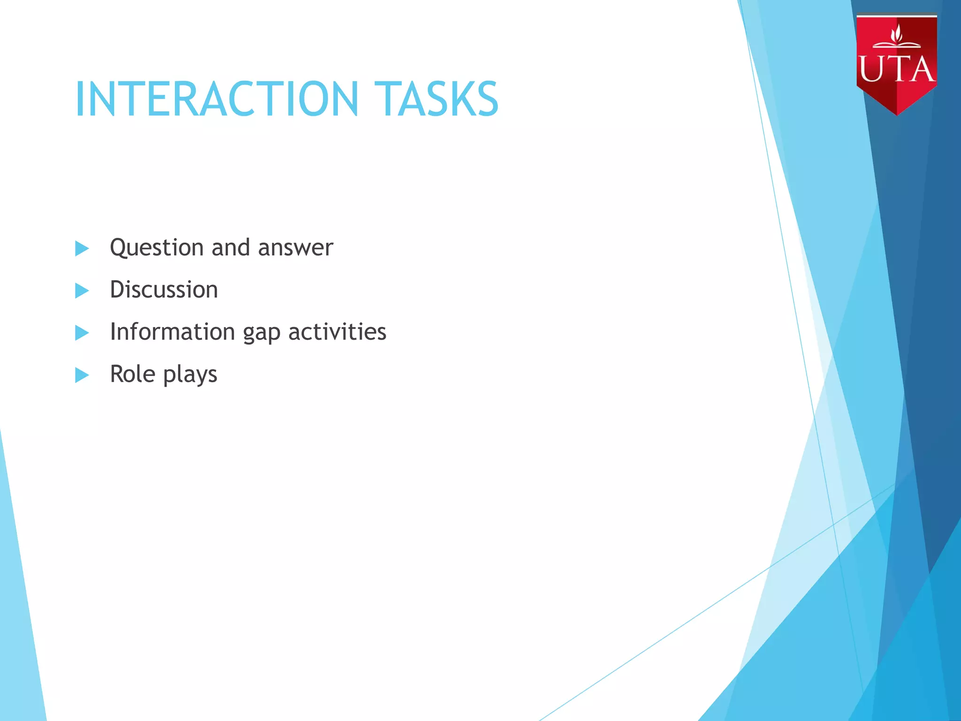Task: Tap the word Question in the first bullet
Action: pyautogui.click(x=157, y=248)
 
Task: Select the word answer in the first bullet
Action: pyautogui.click(x=296, y=248)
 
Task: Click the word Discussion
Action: pyautogui.click(x=164, y=290)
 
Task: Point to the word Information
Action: pyautogui.click(x=172, y=332)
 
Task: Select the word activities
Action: pyautogui.click(x=337, y=332)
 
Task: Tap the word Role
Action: pyautogui.click(x=132, y=374)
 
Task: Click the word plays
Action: pyautogui.click(x=190, y=376)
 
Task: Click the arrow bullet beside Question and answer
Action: pyautogui.click(x=82, y=248)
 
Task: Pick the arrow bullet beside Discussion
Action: pyautogui.click(x=82, y=291)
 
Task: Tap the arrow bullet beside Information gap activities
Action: pyautogui.click(x=82, y=333)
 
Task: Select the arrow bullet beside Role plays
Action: pyautogui.click(x=82, y=375)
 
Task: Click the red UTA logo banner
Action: pyautogui.click(x=896, y=61)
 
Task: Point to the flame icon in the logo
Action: pyautogui.click(x=897, y=34)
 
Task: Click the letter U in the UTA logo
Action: pyautogui.click(x=869, y=69)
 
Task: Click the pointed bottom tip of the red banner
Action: pyautogui.click(x=897, y=113)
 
